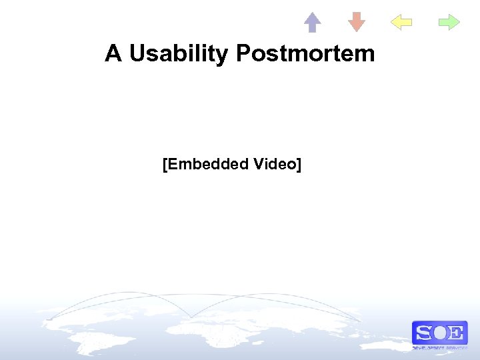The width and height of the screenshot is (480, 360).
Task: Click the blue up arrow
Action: [x=312, y=22]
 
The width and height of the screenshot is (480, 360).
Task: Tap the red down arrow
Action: [x=357, y=22]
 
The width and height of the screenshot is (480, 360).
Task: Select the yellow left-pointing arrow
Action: [x=401, y=23]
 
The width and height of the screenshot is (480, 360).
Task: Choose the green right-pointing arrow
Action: [x=449, y=23]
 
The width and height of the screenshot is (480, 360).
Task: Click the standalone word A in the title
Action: [x=113, y=53]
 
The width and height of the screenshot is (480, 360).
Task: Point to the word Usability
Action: [x=178, y=54]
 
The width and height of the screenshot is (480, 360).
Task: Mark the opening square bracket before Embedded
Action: [x=165, y=164]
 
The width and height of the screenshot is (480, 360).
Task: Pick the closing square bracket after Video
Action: [x=299, y=164]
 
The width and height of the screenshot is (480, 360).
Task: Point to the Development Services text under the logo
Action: [x=439, y=348]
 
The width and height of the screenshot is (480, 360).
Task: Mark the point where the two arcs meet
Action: [x=191, y=317]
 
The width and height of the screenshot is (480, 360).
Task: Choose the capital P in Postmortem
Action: [x=242, y=53]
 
